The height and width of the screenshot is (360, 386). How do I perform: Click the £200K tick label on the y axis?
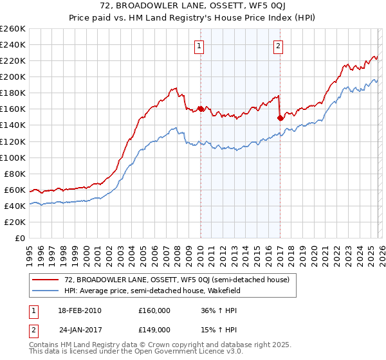pos(13,76)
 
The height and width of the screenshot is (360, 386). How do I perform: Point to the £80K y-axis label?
pos(15,174)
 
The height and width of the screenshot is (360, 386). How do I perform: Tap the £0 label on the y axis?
pos(21,238)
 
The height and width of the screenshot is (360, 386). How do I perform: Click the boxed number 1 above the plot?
pos(199,46)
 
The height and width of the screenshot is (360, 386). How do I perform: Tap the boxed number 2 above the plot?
pos(279,46)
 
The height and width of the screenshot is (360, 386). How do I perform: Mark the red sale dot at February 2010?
pos(201,109)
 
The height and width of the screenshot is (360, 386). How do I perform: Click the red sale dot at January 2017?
pos(280,118)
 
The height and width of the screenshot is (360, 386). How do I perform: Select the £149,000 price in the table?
pos(154,329)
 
